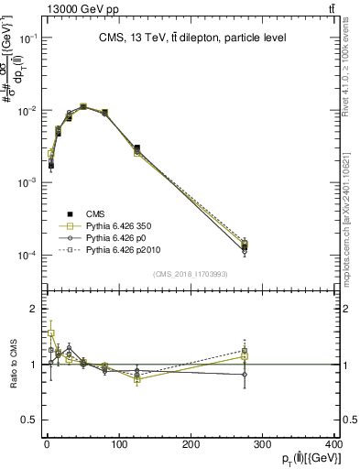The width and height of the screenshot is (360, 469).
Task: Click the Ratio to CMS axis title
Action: pyautogui.click(x=13, y=364)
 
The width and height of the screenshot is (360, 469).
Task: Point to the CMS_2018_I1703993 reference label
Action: pyautogui.click(x=191, y=274)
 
